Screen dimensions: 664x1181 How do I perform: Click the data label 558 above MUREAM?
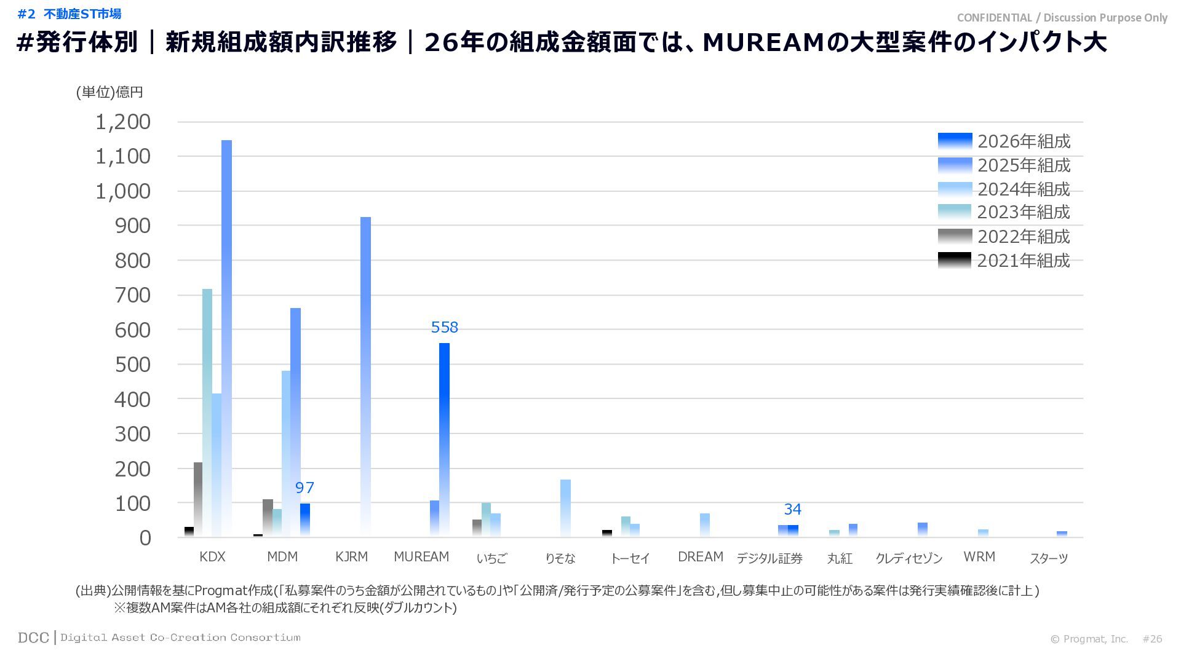coord(444,327)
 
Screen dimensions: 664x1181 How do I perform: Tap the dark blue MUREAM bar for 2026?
coord(444,439)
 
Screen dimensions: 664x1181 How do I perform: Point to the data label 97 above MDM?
coord(304,488)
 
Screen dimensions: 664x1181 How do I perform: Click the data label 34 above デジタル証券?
coord(792,509)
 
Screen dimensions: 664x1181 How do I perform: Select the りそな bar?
coord(565,508)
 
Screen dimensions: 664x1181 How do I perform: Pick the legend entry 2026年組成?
coord(1004,141)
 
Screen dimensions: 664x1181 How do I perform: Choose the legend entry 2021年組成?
coord(1004,261)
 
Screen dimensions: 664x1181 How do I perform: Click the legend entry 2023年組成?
coord(1004,213)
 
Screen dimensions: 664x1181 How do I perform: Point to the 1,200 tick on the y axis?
coord(123,122)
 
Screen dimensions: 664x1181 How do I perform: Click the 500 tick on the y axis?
coord(132,365)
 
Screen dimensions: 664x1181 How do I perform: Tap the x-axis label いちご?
coord(491,558)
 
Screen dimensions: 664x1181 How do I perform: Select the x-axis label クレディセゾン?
coord(909,558)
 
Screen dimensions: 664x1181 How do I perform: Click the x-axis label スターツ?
coord(1049,558)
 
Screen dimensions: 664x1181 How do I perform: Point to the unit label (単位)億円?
coord(109,92)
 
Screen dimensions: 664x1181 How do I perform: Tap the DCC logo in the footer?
coord(33,638)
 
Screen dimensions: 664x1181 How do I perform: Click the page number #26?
coord(1152,639)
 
